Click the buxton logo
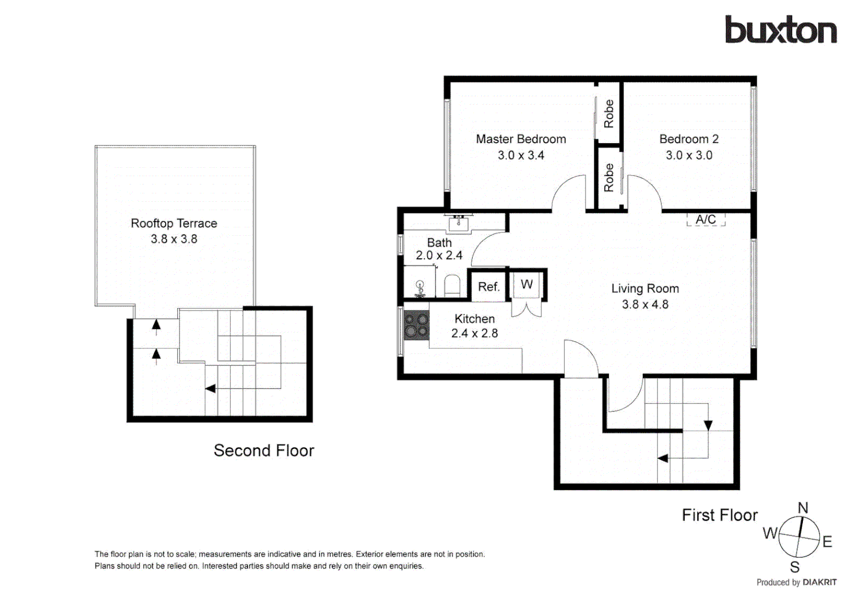pyautogui.click(x=780, y=30)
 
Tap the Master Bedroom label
pyautogui.click(x=521, y=139)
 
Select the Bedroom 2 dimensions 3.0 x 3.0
pyautogui.click(x=689, y=156)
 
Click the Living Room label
pyautogui.click(x=645, y=289)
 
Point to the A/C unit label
pyautogui.click(x=705, y=220)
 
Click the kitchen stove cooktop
pyautogui.click(x=416, y=326)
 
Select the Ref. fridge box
pyautogui.click(x=488, y=287)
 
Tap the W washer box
pyautogui.click(x=526, y=284)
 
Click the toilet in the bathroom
pyautogui.click(x=452, y=286)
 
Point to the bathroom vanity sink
pyautogui.click(x=458, y=223)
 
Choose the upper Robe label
pyautogui.click(x=609, y=114)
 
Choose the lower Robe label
pyautogui.click(x=609, y=178)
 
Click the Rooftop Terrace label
pyautogui.click(x=174, y=224)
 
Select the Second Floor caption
pyautogui.click(x=264, y=450)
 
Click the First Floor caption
pyautogui.click(x=719, y=515)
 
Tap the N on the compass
pyautogui.click(x=802, y=508)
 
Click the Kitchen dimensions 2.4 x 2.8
pyautogui.click(x=474, y=333)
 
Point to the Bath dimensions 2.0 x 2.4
pyautogui.click(x=439, y=255)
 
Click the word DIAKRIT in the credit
pyautogui.click(x=819, y=582)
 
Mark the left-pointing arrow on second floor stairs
pyautogui.click(x=211, y=389)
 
